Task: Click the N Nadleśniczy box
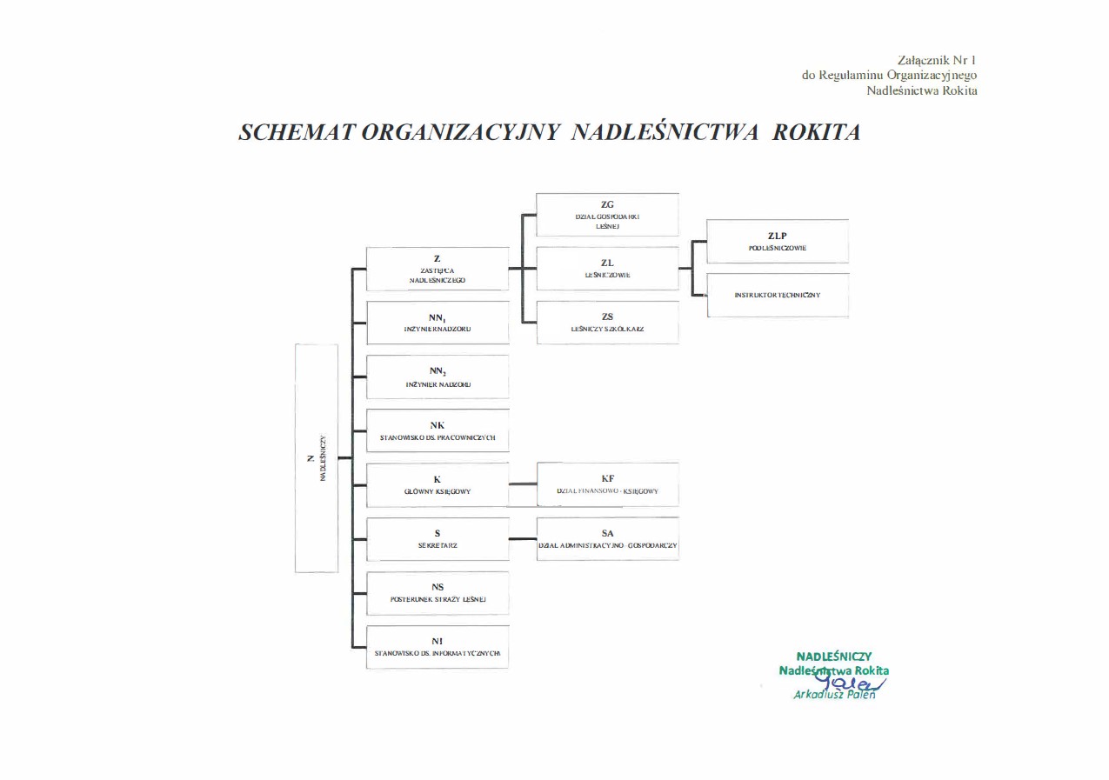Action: tap(317, 458)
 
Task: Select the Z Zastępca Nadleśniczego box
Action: tap(438, 270)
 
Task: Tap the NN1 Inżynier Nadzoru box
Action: tap(438, 323)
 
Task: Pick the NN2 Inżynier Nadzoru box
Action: tap(438, 377)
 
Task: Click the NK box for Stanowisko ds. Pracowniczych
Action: tap(438, 430)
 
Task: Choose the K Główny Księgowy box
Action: tap(438, 485)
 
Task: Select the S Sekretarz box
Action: tap(438, 539)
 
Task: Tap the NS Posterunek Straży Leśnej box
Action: tap(438, 593)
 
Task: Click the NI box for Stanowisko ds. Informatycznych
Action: tap(438, 647)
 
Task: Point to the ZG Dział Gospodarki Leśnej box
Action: tap(607, 215)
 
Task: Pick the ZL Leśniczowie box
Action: tap(607, 269)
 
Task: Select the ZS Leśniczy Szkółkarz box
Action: tap(607, 323)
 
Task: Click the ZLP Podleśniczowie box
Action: tap(778, 242)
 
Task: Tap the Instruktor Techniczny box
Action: tap(778, 295)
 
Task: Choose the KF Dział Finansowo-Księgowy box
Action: tap(607, 485)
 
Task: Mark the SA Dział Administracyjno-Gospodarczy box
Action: tap(607, 539)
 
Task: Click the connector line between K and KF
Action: tap(523, 483)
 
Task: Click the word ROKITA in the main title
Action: tap(816, 132)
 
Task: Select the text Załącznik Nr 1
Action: tap(937, 60)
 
